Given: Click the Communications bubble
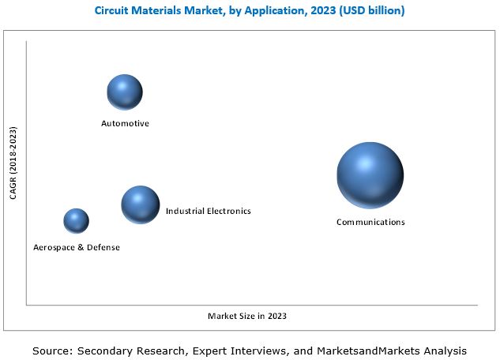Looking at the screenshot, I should tap(370, 175).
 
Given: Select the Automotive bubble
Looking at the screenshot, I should tap(125, 92).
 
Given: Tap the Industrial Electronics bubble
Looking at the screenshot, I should tap(140, 204).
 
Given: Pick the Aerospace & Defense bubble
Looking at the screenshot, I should tap(76, 221).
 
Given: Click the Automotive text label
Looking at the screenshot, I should tap(125, 124).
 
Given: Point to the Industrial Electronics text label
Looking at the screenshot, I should tap(208, 211).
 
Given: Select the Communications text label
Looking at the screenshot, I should tap(370, 222).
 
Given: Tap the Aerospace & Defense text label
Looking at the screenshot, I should tap(77, 247).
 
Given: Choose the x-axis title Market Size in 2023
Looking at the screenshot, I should tap(247, 316).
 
